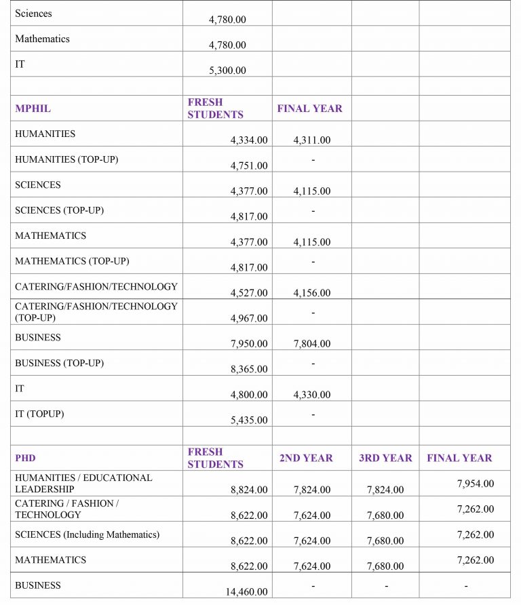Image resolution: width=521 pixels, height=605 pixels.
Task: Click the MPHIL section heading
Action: point(33,109)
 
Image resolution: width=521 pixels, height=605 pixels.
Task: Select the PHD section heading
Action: point(25,458)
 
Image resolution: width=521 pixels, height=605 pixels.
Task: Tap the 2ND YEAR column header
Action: point(306,458)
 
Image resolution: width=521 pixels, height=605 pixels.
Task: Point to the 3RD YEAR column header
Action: point(385,458)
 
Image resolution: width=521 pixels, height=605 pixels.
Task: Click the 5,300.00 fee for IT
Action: point(227,71)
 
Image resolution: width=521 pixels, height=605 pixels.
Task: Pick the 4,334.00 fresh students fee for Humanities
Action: point(249,140)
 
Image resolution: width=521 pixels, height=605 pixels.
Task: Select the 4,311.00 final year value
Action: point(312,140)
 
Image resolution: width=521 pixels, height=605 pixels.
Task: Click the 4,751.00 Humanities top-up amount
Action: point(249,165)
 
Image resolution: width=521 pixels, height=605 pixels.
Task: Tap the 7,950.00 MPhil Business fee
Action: point(249,344)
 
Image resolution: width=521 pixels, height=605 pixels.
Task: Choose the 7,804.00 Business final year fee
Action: point(312,344)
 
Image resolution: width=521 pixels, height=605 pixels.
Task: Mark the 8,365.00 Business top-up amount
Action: point(249,369)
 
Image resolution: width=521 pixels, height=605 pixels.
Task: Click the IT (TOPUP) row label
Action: point(39,414)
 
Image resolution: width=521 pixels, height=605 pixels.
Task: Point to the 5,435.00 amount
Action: point(249,420)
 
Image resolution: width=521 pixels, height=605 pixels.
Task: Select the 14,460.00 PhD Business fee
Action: point(247,592)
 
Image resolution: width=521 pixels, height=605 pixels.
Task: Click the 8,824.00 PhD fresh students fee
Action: point(249,490)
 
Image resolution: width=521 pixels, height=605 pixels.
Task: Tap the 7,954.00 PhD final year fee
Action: point(476,484)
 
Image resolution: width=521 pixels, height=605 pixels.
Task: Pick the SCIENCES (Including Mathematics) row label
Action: point(87,534)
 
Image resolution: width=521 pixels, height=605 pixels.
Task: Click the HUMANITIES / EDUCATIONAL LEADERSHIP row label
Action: point(83,484)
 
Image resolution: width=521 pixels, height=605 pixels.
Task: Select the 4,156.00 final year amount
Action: point(312,293)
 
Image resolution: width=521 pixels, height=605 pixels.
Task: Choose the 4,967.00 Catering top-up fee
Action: point(249,318)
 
